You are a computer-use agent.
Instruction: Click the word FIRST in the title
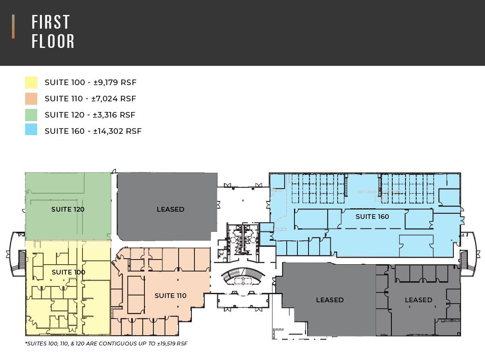coord(51,22)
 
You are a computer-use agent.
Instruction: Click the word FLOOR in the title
coord(53,41)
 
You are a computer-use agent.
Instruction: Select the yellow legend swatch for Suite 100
coord(31,83)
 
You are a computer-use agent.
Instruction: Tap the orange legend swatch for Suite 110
coord(31,99)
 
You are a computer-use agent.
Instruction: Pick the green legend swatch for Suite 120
coord(31,115)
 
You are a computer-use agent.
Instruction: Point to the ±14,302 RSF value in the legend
coord(118,131)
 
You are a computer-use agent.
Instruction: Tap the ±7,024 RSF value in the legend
coord(114,99)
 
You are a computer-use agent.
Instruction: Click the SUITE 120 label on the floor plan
coord(68,210)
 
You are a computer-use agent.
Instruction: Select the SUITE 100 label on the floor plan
coord(68,272)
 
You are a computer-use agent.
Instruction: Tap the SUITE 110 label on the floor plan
coord(170,296)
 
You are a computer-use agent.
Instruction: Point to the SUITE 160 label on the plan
coord(372,217)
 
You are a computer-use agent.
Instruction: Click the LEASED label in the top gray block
coord(170,210)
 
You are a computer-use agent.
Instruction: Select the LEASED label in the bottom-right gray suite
coord(418,300)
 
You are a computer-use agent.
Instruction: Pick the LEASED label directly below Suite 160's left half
coord(330,300)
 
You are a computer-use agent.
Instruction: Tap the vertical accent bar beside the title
coord(13,27)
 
